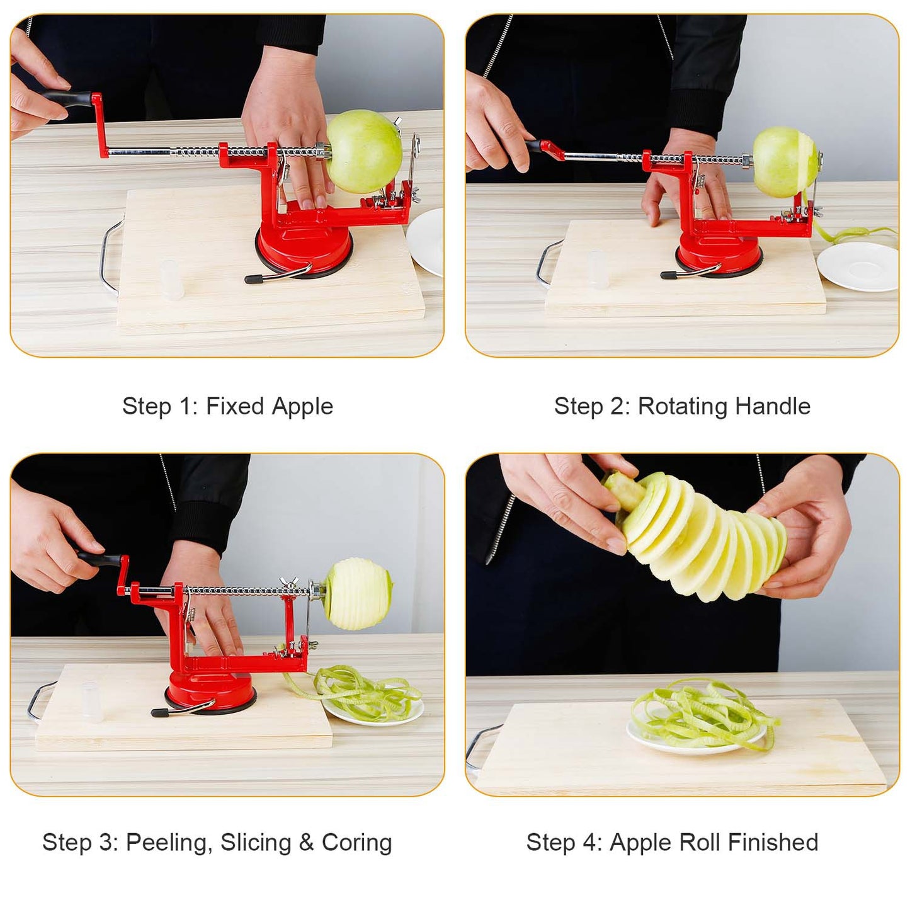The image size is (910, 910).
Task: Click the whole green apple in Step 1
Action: point(363,151)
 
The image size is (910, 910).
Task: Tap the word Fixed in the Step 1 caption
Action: point(235,406)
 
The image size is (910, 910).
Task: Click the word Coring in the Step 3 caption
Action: point(356,843)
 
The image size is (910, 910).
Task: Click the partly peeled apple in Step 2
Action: point(783,162)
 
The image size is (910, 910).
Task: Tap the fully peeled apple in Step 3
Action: point(356,594)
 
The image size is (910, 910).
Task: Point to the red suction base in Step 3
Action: point(210,690)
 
